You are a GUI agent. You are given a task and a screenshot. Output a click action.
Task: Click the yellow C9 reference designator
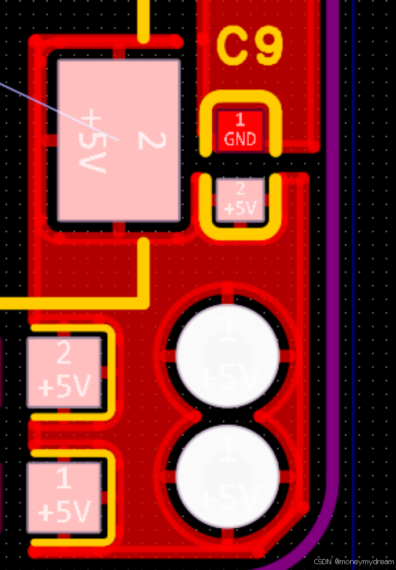point(250,47)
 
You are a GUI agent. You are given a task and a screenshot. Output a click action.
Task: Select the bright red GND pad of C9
point(240,130)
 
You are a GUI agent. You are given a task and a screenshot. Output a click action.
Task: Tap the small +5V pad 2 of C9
point(240,199)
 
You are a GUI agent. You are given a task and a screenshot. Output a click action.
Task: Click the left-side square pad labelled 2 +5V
point(64,372)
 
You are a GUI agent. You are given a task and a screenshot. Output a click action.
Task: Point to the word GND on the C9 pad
point(240,139)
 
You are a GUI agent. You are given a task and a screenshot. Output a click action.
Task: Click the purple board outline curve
point(332,232)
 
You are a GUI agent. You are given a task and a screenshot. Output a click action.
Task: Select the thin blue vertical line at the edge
point(354,232)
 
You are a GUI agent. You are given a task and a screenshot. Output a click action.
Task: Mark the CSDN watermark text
point(354,562)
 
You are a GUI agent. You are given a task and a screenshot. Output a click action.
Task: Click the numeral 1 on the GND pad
point(240,121)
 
